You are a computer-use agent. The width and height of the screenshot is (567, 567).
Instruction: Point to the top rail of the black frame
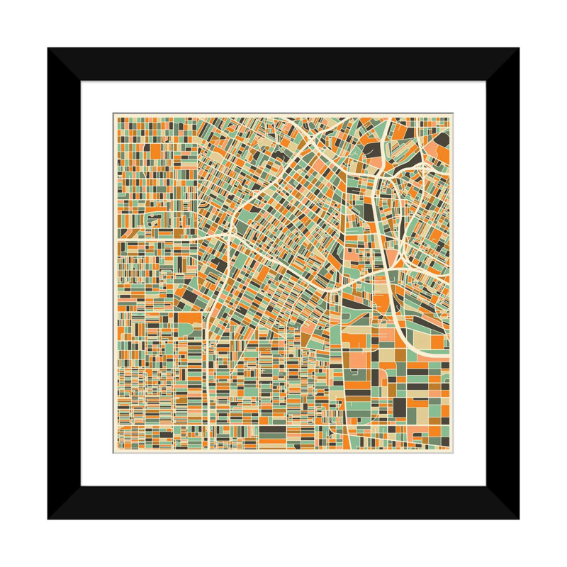tap(283, 64)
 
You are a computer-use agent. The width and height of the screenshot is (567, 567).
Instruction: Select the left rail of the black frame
tap(64, 283)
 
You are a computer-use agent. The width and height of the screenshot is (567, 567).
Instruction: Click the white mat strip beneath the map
tap(283, 469)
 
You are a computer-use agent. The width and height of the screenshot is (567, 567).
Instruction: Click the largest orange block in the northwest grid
tap(155, 150)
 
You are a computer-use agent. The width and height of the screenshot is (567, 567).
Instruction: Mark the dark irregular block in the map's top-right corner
tap(442, 137)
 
